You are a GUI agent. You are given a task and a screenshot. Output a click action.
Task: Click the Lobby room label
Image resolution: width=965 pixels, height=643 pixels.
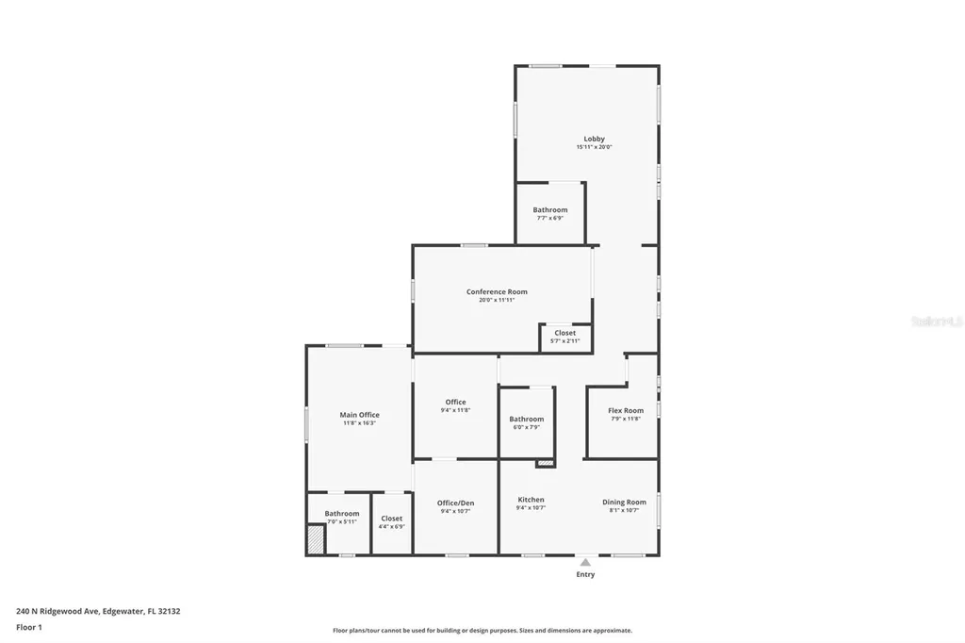594,139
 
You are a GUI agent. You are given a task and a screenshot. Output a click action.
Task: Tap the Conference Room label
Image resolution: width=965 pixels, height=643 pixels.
497,292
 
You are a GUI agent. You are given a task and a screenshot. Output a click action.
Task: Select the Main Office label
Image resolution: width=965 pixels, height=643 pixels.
359,415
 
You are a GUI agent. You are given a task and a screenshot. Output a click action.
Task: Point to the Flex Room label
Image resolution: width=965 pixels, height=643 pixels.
626,410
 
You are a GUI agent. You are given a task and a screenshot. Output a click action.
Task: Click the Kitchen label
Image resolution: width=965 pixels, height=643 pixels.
531,500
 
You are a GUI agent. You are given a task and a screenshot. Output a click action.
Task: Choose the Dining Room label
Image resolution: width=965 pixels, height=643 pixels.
624,502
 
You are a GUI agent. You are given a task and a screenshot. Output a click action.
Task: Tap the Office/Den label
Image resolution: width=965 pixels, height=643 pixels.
455,503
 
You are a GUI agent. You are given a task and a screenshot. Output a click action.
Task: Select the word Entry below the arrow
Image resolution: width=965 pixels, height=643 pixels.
585,574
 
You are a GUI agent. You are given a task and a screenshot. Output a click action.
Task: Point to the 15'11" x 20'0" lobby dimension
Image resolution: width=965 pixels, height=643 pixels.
594,147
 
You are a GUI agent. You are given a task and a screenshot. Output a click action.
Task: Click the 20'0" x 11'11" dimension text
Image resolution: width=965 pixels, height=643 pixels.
497,301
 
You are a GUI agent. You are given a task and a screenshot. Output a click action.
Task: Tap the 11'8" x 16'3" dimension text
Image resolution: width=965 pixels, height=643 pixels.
359,423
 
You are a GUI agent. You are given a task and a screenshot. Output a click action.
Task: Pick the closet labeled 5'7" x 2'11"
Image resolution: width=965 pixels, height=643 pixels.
564,337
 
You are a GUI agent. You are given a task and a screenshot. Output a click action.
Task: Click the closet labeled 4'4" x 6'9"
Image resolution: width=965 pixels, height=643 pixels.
391,522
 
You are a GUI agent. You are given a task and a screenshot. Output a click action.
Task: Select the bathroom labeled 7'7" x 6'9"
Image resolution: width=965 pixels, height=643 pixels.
549,213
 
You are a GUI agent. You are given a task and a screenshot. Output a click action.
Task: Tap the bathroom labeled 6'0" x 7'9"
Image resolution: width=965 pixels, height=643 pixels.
526,422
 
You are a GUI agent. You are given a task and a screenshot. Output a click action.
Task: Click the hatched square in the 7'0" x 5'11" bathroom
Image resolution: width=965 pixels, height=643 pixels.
316,539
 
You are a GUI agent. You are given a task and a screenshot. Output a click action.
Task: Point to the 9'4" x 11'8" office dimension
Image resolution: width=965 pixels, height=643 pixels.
455,410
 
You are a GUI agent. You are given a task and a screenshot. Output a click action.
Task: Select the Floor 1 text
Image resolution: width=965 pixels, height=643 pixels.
29,627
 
